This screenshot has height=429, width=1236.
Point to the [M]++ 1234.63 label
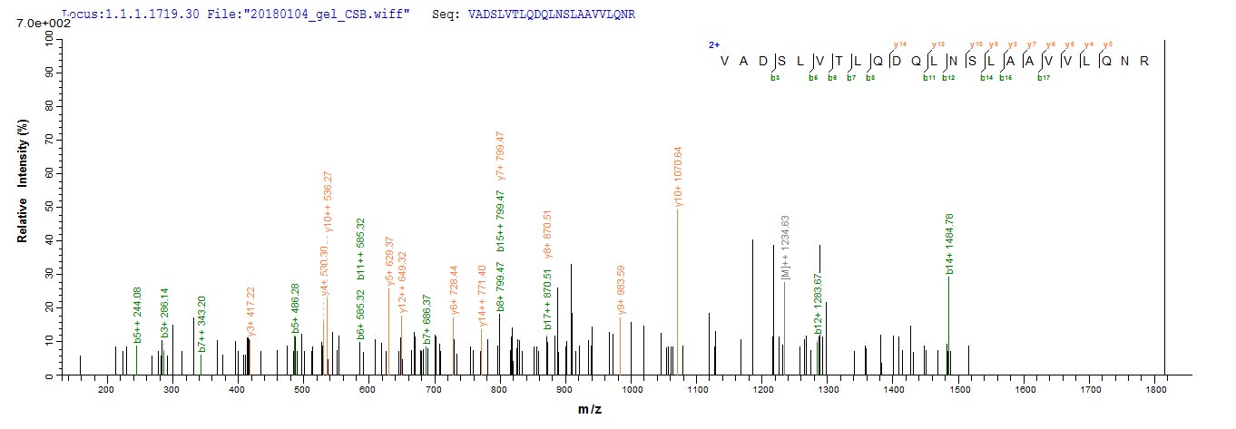[x=786, y=248]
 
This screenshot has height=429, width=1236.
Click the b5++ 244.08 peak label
[x=138, y=315]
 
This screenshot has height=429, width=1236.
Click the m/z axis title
[x=590, y=411]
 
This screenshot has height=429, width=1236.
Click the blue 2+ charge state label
[x=714, y=44]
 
